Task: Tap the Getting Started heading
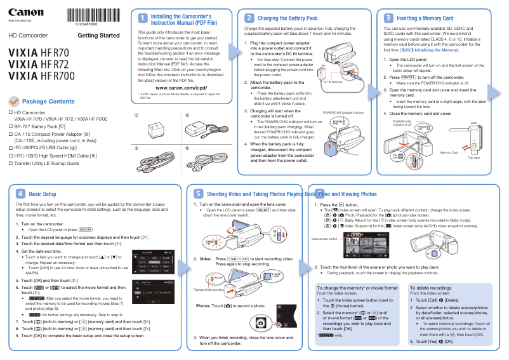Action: point(98,36)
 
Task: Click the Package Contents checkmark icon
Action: point(13,102)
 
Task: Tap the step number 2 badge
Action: point(250,18)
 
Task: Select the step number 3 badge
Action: point(388,19)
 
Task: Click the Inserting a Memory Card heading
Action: point(425,19)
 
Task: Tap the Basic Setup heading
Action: point(43,194)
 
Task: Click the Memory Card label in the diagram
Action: point(449,152)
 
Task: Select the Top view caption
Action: point(474,157)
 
